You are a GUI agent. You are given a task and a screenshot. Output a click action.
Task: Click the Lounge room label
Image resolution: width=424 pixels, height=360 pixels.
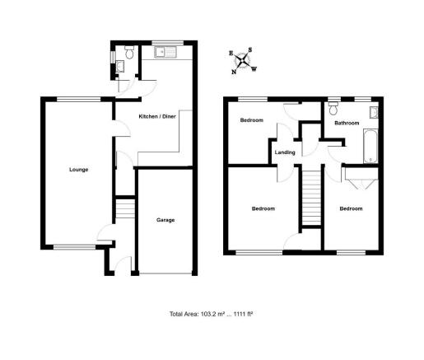[x=79, y=170]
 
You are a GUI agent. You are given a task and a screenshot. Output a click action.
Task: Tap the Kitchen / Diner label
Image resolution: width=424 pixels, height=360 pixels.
[x=156, y=117]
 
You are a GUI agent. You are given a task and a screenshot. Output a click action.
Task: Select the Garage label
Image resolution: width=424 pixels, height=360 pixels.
[x=165, y=221]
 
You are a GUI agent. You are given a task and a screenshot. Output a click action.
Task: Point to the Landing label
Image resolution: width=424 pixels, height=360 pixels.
[x=285, y=152]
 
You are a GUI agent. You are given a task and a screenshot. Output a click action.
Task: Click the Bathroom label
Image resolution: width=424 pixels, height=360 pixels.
[x=347, y=123]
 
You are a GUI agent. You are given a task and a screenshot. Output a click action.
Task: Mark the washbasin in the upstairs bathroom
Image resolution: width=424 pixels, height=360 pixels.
[x=374, y=112]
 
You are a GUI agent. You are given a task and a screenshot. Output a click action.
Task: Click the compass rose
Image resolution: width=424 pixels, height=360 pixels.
[x=242, y=60]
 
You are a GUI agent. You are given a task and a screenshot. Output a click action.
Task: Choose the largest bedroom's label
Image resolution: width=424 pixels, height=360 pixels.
[x=263, y=208]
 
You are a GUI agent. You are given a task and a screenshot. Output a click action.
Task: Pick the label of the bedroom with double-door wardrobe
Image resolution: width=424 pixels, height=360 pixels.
[x=351, y=208]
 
